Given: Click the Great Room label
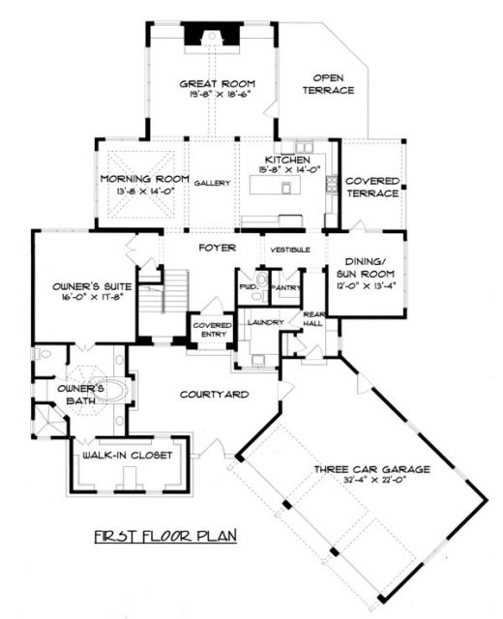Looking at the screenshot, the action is pos(217,84).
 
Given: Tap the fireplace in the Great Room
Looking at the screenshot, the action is pos(212,37).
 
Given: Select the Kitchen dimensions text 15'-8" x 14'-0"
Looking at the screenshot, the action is pos(288,170).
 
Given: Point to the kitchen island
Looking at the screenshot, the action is pos(275,185).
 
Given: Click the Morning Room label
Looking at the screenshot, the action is pos(144,179).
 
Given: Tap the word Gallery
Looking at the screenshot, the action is pos(212,183).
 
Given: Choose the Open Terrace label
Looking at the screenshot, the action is pos(328,84).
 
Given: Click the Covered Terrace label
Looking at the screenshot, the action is pos(372,187).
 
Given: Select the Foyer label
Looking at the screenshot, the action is pos(217,248).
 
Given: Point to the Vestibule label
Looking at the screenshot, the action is pos(290,250).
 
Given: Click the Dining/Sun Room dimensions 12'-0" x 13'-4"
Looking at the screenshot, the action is pos(366,286).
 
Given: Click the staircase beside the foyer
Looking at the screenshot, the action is pos(163,291).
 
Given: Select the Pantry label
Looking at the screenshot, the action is pos(286,288).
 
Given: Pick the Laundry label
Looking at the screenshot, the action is pos(266,322).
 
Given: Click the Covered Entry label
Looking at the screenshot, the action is pos(213,330).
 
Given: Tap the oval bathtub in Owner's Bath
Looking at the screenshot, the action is pos(110,391).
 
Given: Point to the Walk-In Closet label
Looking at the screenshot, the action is pos(127,456).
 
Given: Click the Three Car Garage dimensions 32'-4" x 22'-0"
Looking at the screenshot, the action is pos(375,480).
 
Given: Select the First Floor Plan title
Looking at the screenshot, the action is pos(165,537).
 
